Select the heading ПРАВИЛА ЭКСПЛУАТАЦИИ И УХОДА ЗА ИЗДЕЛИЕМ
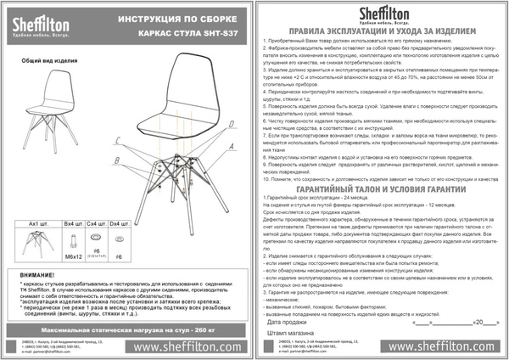[x=381, y=31]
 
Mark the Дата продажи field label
[x=287, y=323]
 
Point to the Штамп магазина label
[x=290, y=333]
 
